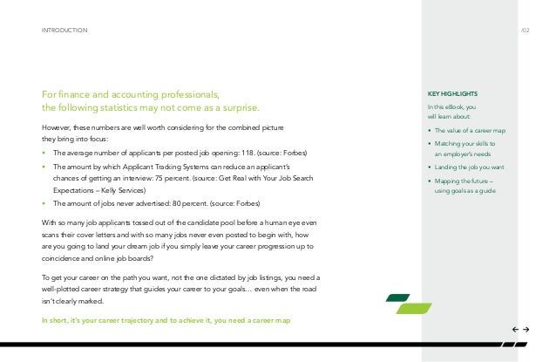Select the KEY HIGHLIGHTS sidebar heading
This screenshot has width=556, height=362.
point(452,94)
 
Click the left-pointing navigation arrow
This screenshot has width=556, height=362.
point(514,330)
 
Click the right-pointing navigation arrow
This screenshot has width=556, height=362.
point(527,330)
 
